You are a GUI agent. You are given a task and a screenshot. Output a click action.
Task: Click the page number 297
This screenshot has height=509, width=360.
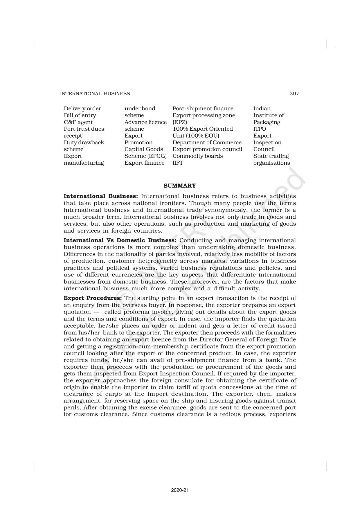(294, 93)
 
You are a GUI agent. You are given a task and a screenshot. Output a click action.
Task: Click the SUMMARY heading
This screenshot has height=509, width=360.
(180, 186)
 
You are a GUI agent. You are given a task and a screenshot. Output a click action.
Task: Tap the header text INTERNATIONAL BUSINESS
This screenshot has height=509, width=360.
(95, 93)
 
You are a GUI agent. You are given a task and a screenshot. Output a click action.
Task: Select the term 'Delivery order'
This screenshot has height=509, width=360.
(82, 109)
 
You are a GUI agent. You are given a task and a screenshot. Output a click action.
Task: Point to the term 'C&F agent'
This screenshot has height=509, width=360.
(78, 122)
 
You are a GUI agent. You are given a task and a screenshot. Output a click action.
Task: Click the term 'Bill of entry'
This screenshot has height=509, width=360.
(80, 115)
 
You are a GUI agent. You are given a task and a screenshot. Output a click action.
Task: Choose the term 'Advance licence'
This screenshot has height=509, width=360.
(145, 122)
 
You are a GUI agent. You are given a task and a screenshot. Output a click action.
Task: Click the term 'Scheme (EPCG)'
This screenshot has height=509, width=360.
(145, 156)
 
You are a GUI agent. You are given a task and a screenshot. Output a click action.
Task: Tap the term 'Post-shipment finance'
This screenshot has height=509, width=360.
(203, 109)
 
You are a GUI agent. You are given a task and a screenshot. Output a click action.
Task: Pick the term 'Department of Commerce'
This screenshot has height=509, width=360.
(207, 143)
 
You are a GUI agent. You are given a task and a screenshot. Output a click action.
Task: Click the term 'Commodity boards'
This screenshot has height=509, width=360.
(197, 156)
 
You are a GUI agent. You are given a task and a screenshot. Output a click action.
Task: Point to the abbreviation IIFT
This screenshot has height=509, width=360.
(178, 163)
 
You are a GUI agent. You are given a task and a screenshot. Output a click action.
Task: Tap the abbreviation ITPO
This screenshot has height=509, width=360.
(260, 129)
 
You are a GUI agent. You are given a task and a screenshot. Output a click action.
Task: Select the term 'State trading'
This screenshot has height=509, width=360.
(271, 156)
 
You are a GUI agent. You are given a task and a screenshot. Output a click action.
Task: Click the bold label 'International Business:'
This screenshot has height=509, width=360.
(101, 196)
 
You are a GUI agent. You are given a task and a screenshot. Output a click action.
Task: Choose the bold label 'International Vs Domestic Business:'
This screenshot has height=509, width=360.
(120, 240)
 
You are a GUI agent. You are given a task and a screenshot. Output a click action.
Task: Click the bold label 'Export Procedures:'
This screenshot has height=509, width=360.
(93, 298)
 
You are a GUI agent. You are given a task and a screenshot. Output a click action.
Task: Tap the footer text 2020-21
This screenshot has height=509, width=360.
(180, 490)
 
